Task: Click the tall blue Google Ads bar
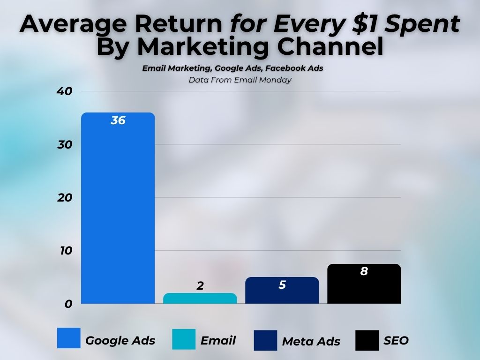[118, 211]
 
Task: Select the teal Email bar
[200, 299]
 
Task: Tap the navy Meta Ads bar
[282, 293]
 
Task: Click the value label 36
[118, 120]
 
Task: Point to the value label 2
[200, 285]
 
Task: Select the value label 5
[282, 285]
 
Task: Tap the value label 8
[364, 271]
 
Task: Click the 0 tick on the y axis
[68, 304]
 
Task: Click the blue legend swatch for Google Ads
[68, 338]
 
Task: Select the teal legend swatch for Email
[184, 339]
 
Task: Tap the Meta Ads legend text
[311, 342]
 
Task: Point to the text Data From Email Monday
[240, 80]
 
